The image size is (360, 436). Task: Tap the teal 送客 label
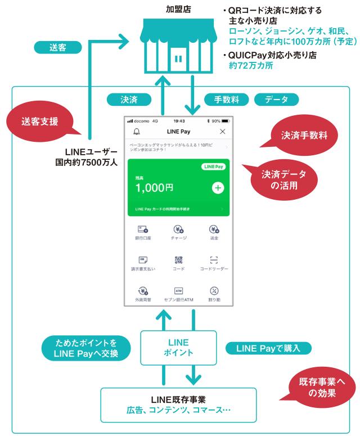tap(57, 48)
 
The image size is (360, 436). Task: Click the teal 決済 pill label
tap(129, 100)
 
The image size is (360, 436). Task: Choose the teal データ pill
tap(276, 100)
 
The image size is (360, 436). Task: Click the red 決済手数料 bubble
tap(304, 136)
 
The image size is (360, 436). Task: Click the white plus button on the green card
tap(218, 188)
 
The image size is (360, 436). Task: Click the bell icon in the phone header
tap(136, 131)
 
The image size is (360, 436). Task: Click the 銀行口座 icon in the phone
tap(143, 230)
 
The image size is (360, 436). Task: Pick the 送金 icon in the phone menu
tap(214, 230)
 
